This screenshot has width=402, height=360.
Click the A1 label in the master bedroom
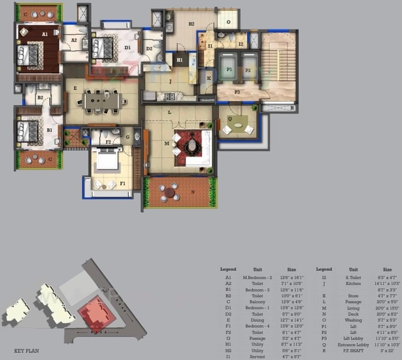[45, 34]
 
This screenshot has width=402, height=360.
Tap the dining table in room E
[101, 101]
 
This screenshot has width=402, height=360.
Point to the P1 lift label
[229, 70]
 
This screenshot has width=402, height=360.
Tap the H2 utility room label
[191, 24]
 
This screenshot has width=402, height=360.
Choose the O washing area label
[228, 22]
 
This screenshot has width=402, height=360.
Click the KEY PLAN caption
[26, 351]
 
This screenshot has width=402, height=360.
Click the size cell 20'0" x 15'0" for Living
[387, 308]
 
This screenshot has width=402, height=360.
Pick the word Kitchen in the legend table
[353, 284]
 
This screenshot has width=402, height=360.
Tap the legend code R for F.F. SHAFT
[324, 351]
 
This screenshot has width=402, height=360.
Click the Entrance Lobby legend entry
[353, 345]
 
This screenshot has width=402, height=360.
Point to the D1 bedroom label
[127, 48]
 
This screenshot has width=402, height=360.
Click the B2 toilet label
[40, 98]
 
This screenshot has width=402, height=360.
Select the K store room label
[209, 78]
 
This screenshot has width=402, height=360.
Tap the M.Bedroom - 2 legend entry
[257, 278]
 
